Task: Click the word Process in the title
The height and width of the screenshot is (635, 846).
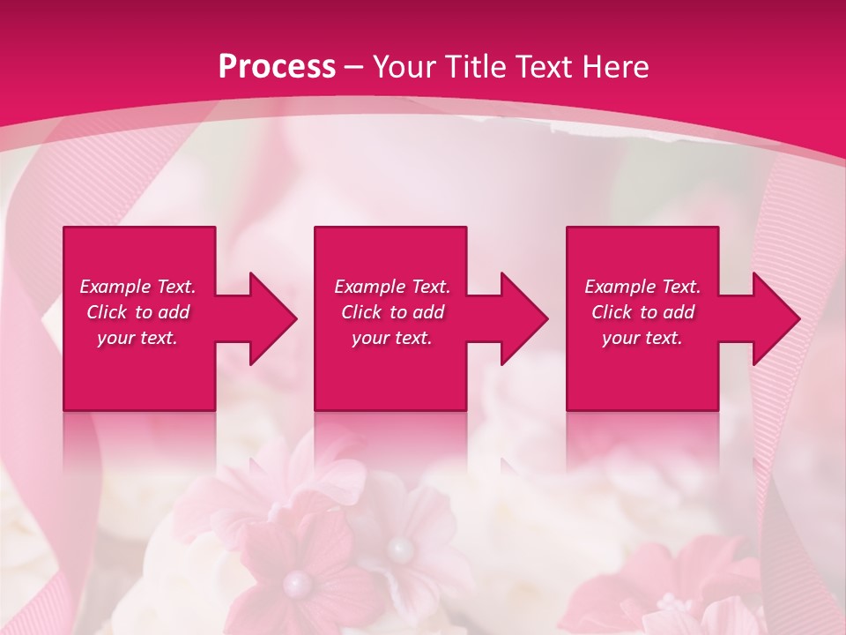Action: (277, 66)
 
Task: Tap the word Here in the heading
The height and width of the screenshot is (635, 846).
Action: (616, 66)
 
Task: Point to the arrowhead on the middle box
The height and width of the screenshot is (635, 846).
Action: (523, 318)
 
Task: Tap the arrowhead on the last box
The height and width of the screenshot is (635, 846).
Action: (775, 318)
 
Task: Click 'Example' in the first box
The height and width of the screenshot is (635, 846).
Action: (115, 287)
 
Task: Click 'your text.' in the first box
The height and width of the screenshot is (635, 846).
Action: (137, 338)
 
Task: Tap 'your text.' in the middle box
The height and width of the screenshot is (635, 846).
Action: (391, 338)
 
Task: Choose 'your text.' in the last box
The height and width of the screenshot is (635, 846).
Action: (642, 338)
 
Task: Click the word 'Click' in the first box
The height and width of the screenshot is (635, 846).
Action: (108, 312)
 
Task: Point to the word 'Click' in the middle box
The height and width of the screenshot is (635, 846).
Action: (361, 312)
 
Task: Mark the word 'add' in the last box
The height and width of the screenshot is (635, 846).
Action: (679, 312)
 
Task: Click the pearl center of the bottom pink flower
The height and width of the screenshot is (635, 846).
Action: (298, 583)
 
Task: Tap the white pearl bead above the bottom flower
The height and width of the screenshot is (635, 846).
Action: (401, 550)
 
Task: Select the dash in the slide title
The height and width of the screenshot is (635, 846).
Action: (354, 67)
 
